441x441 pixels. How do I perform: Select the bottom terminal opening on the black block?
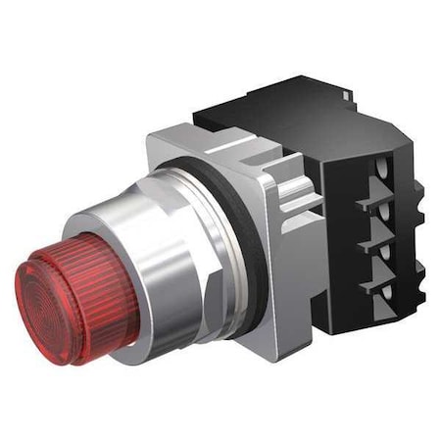click(x=377, y=292)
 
